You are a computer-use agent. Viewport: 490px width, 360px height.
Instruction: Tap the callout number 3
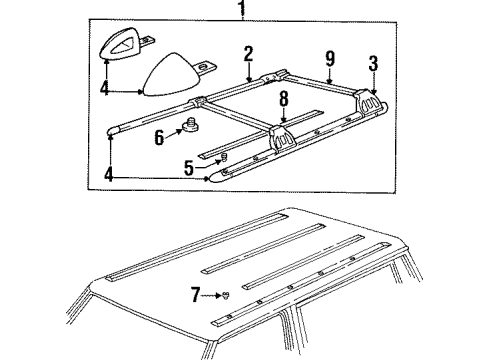373,65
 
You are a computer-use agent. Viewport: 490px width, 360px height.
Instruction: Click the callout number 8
284,100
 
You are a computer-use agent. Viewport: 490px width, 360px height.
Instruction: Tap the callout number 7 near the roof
197,294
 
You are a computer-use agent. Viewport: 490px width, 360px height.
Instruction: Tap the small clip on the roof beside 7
227,295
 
